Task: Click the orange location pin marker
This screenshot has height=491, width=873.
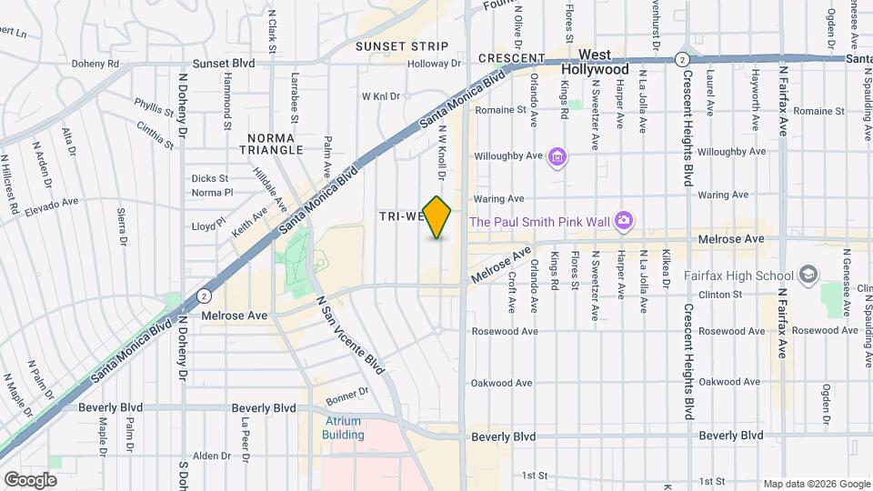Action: pos(437,217)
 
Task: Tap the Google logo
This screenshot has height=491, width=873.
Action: pos(30,479)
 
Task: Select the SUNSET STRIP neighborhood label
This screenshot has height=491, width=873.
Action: pos(402,46)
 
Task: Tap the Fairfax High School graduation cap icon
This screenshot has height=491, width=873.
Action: pos(808,275)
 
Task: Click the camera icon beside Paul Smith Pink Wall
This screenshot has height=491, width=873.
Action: pos(623,220)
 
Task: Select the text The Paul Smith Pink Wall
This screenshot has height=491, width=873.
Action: pos(539,222)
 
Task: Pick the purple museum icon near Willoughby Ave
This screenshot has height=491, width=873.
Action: pos(557,158)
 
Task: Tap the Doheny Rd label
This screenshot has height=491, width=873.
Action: pos(101,64)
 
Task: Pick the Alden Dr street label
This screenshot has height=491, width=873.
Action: pos(213,456)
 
